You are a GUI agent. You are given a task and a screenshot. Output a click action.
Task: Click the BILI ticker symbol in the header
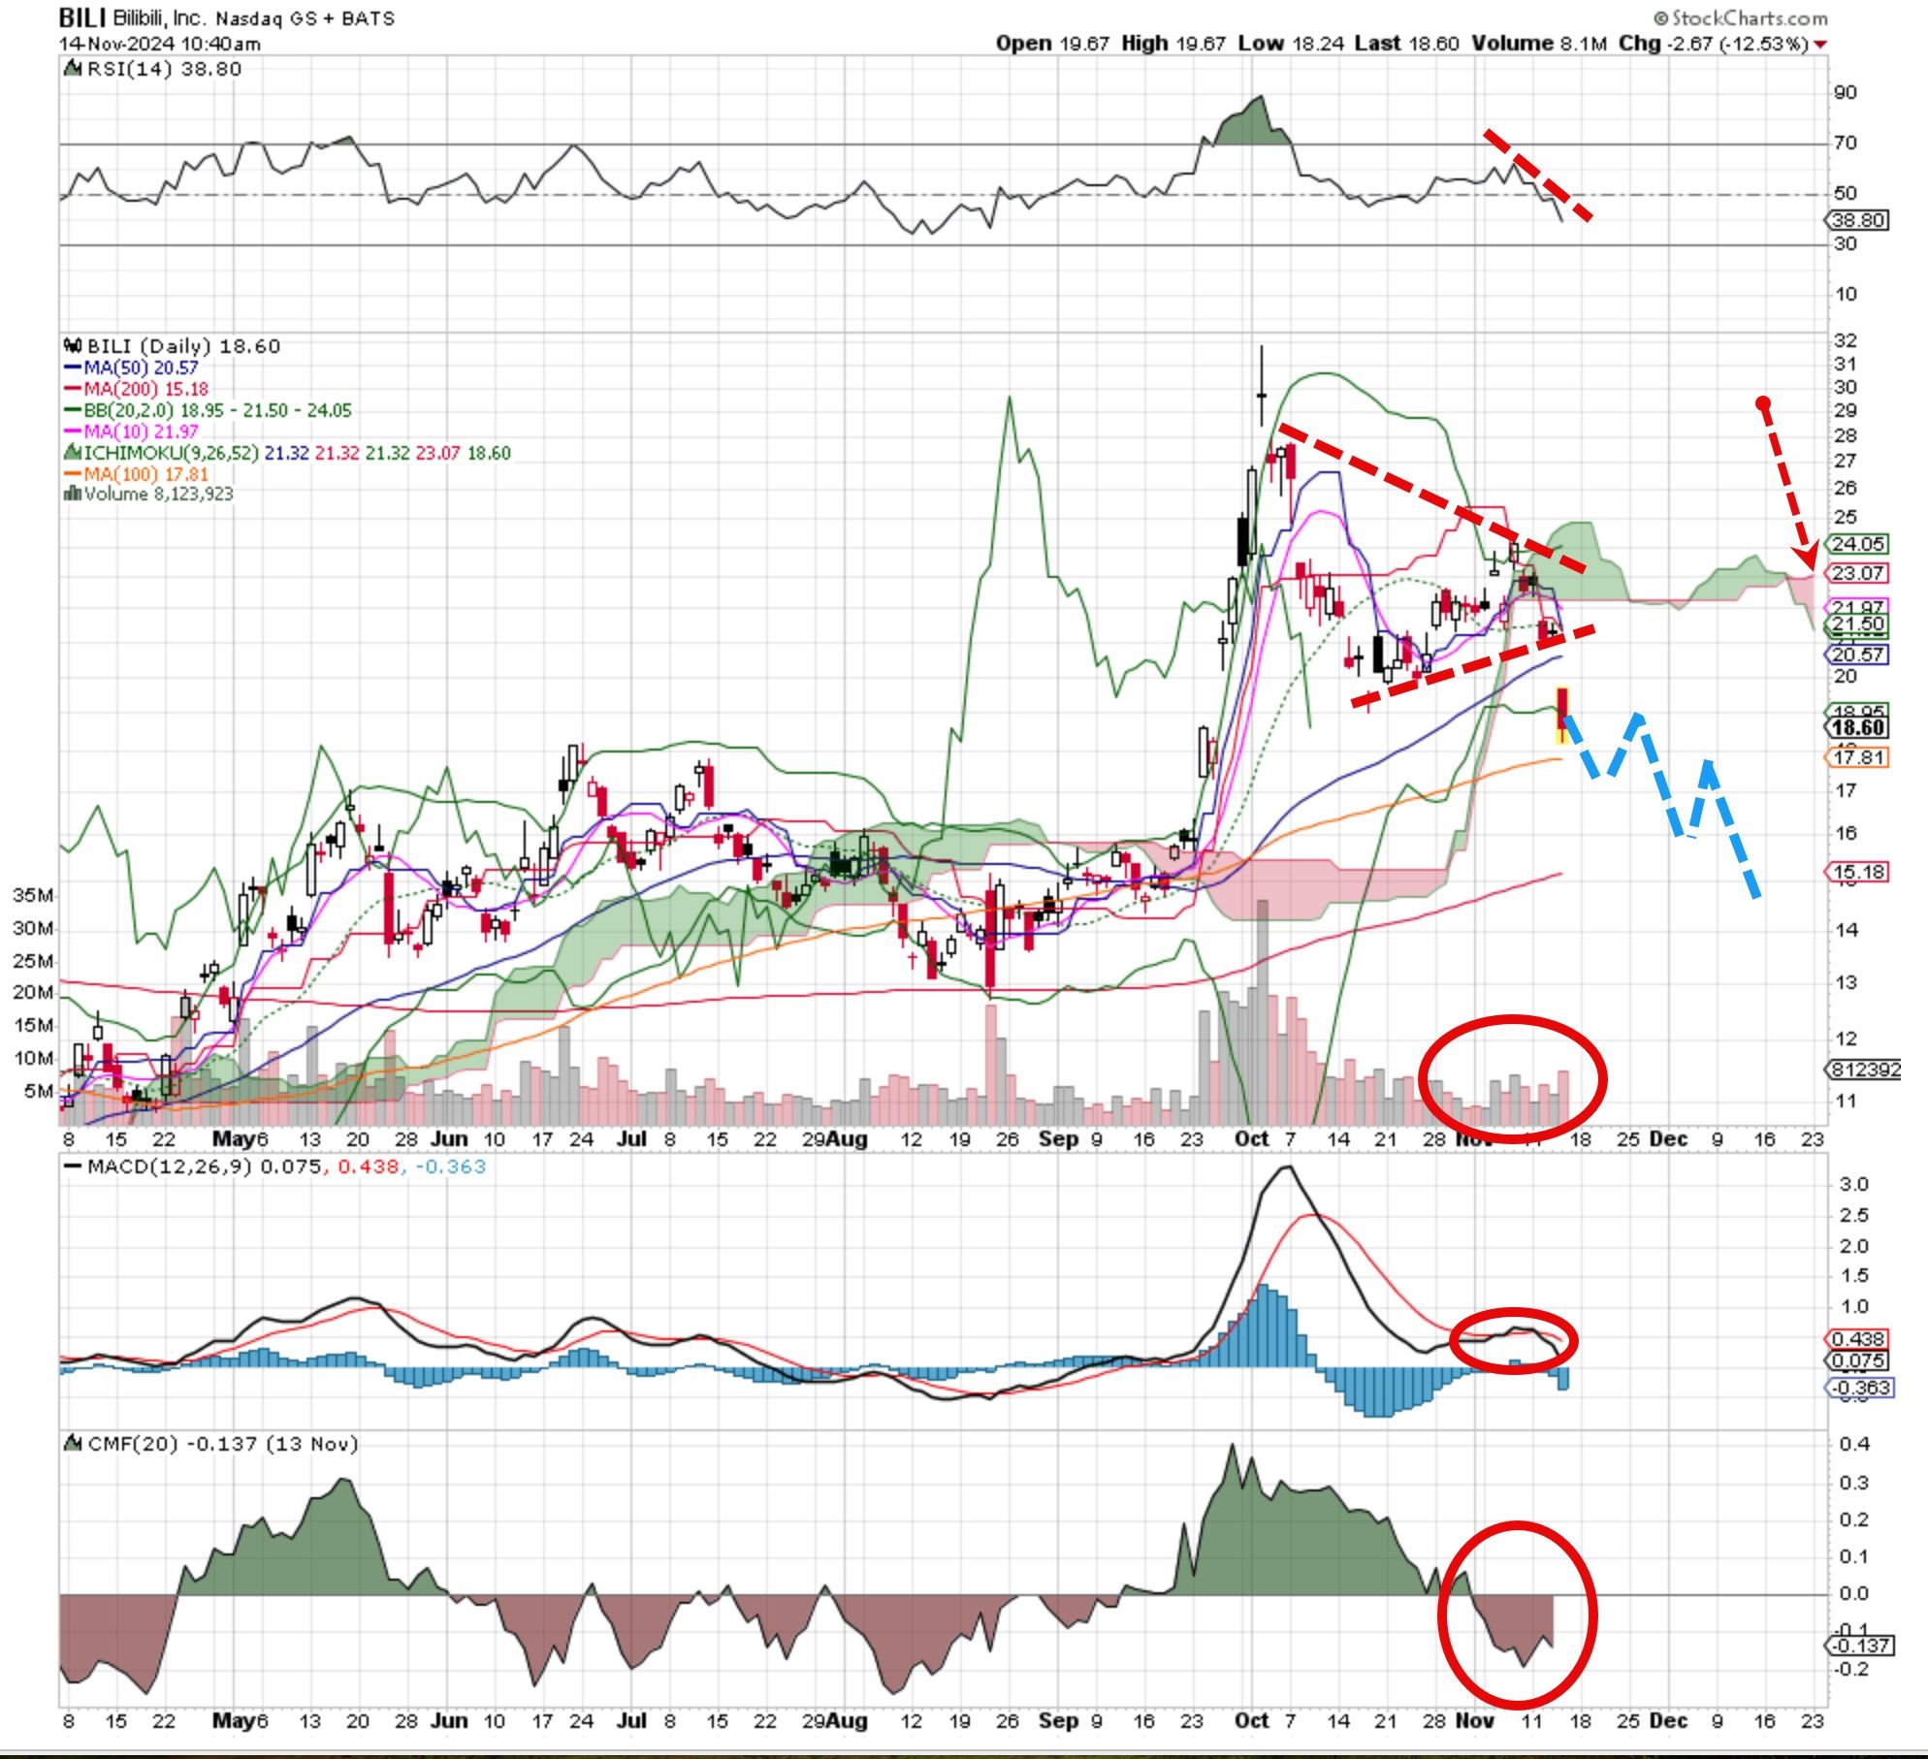pos(82,17)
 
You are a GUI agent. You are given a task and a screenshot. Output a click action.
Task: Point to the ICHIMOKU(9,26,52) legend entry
pos(171,453)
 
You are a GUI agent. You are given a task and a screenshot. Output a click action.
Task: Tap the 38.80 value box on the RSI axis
pos(1858,221)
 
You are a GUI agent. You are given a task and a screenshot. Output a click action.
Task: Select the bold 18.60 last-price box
pos(1857,728)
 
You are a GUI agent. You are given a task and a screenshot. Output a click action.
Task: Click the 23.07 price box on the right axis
pos(1857,573)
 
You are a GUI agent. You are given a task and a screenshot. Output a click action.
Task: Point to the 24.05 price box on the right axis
pos(1857,544)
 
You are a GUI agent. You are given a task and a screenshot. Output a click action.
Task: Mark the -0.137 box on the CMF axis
pos(1858,1646)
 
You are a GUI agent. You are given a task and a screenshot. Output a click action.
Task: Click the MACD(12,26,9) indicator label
pos(190,1167)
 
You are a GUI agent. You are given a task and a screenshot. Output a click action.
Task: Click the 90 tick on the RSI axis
pos(1845,93)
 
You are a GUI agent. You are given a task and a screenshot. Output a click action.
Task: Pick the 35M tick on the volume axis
pos(33,895)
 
